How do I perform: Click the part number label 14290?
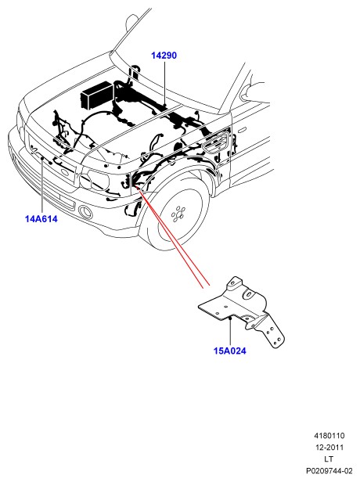[164, 56]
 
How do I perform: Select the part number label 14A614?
[41, 219]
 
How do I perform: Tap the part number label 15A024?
[230, 351]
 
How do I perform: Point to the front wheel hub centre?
[178, 214]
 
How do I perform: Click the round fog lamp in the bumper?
[85, 211]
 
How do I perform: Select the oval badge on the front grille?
[64, 173]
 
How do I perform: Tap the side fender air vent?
[216, 142]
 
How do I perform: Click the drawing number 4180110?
[329, 436]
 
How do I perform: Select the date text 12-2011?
[329, 448]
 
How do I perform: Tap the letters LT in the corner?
[329, 459]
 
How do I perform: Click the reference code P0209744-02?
[329, 470]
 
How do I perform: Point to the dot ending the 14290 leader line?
[165, 106]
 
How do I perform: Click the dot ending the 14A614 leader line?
[41, 158]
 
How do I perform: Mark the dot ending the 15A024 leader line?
[230, 318]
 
